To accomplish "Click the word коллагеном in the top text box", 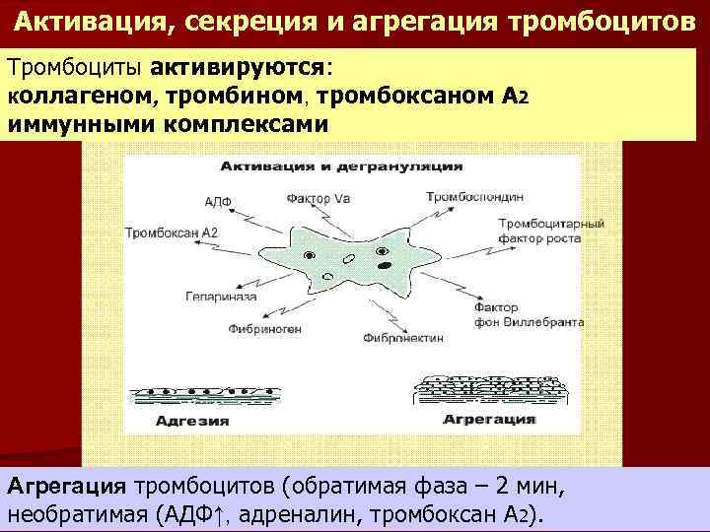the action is coord(80,98).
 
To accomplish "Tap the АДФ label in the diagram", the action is coord(218,201).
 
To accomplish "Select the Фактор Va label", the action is coord(319,197).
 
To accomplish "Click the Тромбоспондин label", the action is coord(465,196).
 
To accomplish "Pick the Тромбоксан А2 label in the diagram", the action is coord(172,233).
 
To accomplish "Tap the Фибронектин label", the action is coord(403,337).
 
